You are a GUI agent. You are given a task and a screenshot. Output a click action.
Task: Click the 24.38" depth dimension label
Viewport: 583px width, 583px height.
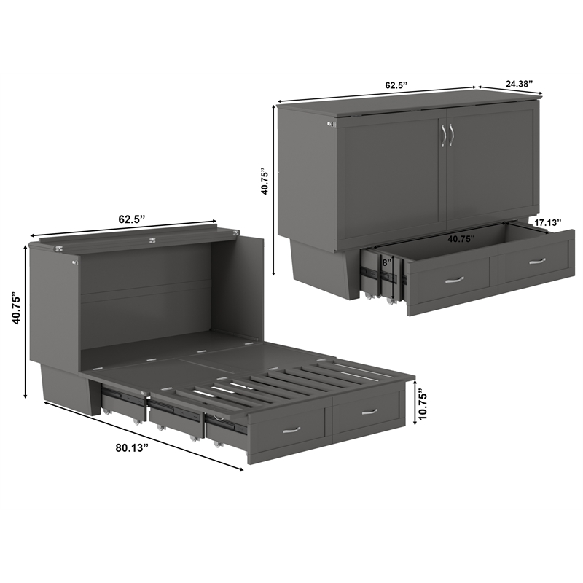pyautogui.click(x=517, y=83)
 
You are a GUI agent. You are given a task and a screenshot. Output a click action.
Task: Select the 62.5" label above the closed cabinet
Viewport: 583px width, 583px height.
pyautogui.click(x=396, y=85)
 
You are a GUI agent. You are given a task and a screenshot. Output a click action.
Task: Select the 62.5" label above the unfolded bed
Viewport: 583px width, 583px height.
pyautogui.click(x=132, y=219)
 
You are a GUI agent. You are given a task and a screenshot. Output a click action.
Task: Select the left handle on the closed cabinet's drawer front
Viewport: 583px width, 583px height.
pyautogui.click(x=454, y=278)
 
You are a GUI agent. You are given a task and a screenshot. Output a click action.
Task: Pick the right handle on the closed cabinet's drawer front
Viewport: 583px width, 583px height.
pyautogui.click(x=537, y=260)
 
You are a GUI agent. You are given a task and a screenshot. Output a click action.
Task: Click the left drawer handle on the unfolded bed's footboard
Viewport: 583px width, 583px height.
pyautogui.click(x=291, y=430)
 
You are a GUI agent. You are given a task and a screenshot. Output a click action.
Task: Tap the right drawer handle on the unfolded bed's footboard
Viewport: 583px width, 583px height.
pyautogui.click(x=369, y=412)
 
